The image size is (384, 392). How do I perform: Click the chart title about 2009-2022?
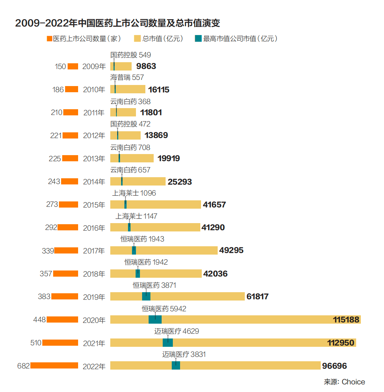pyautogui.click(x=118, y=23)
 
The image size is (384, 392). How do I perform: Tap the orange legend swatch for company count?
pyautogui.click(x=50, y=39)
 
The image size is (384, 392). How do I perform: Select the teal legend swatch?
pyautogui.click(x=198, y=39)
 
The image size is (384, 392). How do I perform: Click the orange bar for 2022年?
pyautogui.click(x=54, y=366)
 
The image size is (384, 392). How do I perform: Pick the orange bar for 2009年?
pyautogui.click(x=73, y=66)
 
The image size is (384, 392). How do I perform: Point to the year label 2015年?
pyautogui.click(x=94, y=205)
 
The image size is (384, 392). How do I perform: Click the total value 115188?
pyautogui.click(x=346, y=320)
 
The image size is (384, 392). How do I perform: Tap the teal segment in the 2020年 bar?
pyautogui.click(x=155, y=320)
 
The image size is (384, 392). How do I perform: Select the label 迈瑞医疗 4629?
pyautogui.click(x=177, y=331)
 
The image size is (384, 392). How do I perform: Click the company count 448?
pyautogui.click(x=39, y=320)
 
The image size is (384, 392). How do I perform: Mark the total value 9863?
pyautogui.click(x=146, y=66)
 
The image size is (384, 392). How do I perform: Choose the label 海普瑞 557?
pyautogui.click(x=127, y=77)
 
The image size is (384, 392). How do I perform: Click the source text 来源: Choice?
pyautogui.click(x=344, y=382)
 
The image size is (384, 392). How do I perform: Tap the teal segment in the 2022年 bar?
pyautogui.click(x=176, y=366)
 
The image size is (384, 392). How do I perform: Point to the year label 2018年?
pyautogui.click(x=94, y=274)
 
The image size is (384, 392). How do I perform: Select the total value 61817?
pyautogui.click(x=257, y=297)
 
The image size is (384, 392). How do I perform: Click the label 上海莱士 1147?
pyautogui.click(x=136, y=216)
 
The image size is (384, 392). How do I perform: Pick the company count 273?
pyautogui.click(x=52, y=205)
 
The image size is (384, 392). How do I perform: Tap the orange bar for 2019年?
pyautogui.click(x=65, y=297)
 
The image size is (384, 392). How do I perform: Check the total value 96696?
pyautogui.click(x=334, y=366)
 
